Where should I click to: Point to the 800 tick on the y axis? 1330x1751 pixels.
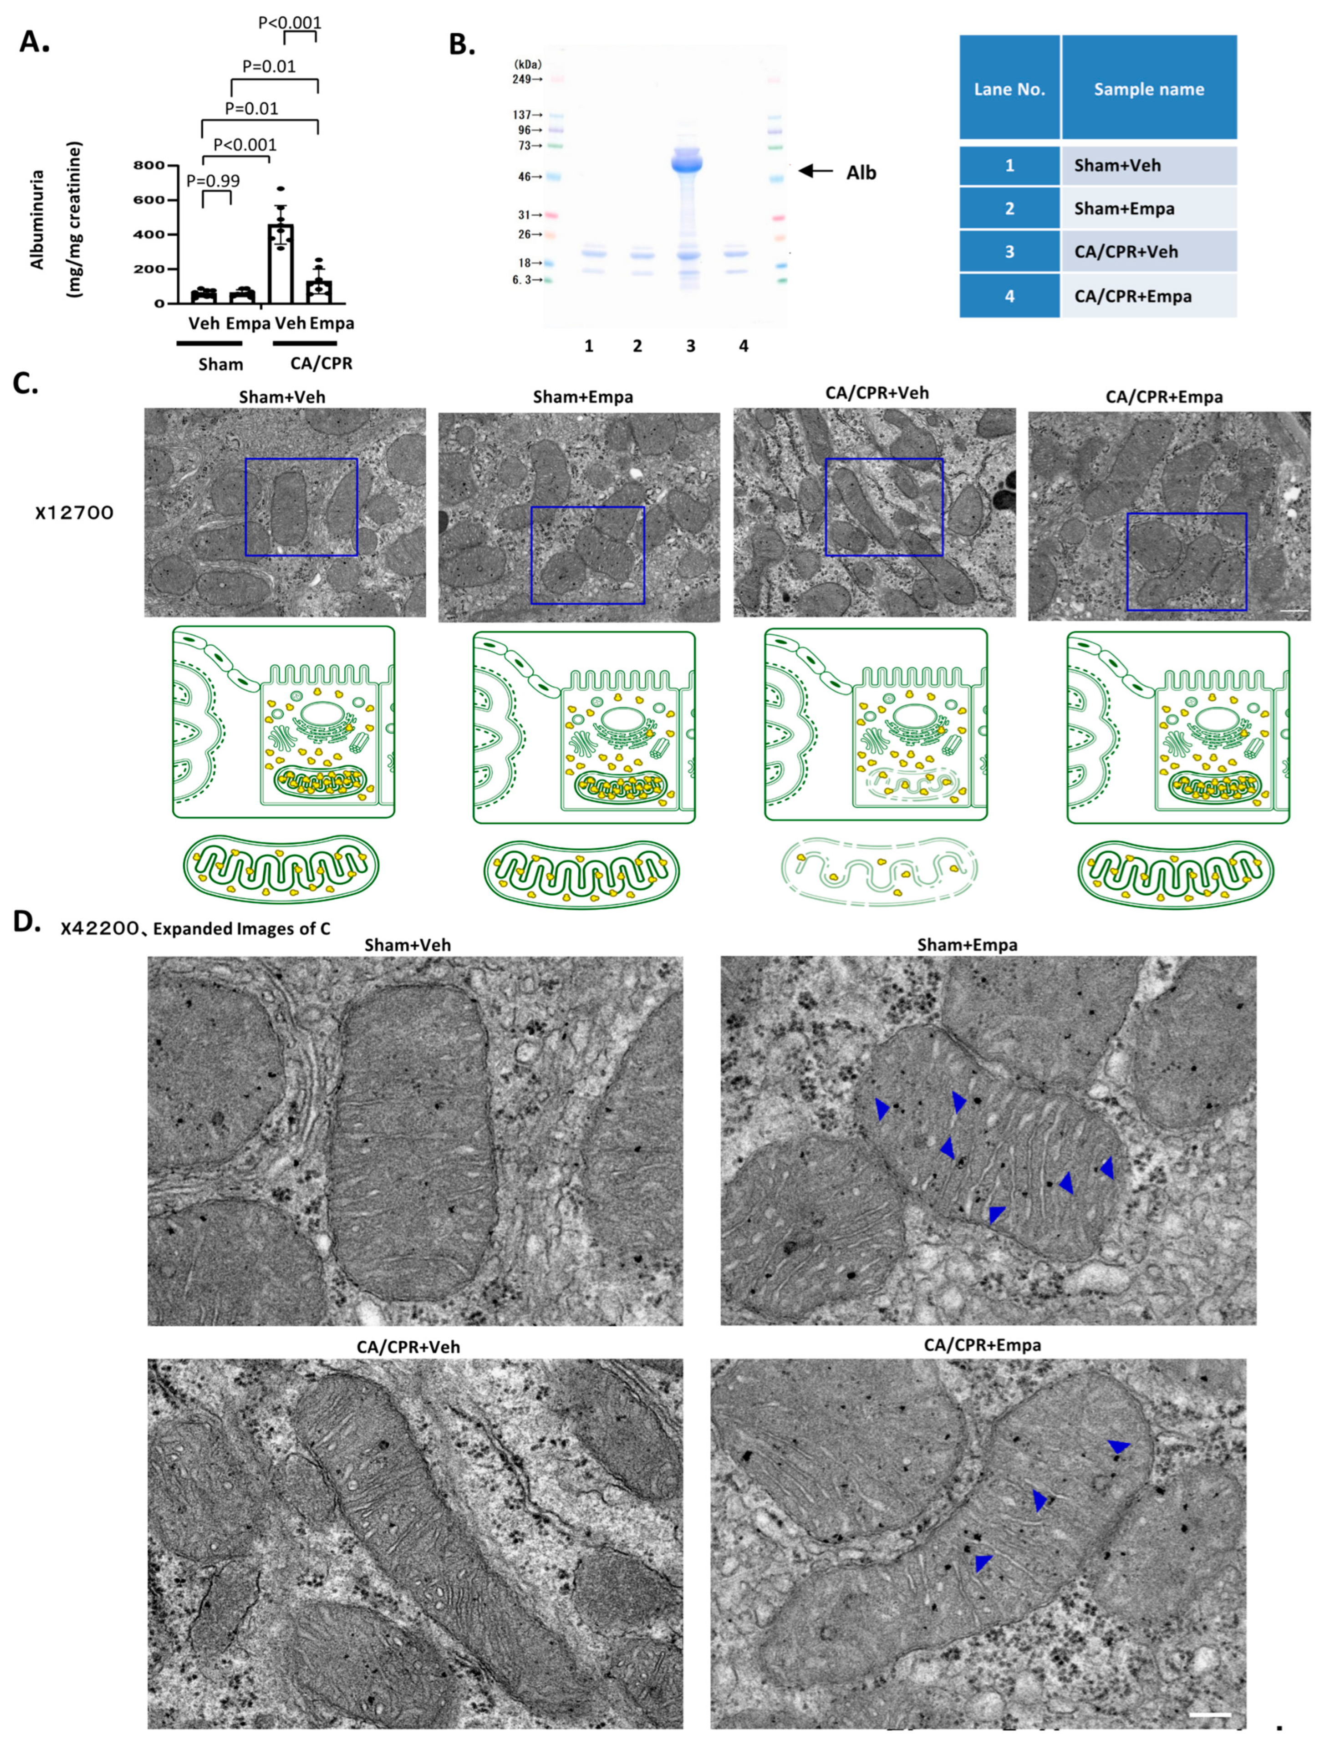[x=149, y=165]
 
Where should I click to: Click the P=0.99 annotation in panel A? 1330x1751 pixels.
[x=213, y=180]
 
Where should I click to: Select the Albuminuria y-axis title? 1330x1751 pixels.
[x=37, y=219]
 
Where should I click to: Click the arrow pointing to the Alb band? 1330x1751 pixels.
[x=816, y=170]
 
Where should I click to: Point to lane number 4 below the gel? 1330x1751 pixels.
[x=744, y=346]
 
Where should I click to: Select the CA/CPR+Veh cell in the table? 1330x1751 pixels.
[x=1149, y=252]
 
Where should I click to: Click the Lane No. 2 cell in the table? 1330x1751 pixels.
[x=1009, y=208]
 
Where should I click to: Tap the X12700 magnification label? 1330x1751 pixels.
[x=74, y=513]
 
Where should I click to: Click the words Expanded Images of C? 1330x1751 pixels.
[x=241, y=928]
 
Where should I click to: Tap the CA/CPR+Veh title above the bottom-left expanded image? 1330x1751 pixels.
[x=408, y=1347]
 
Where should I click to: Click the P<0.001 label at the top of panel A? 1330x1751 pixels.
[x=290, y=23]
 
